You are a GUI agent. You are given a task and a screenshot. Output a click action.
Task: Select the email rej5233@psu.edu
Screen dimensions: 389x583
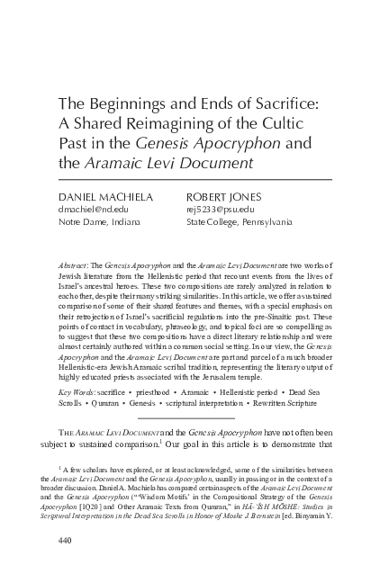click(x=219, y=208)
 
